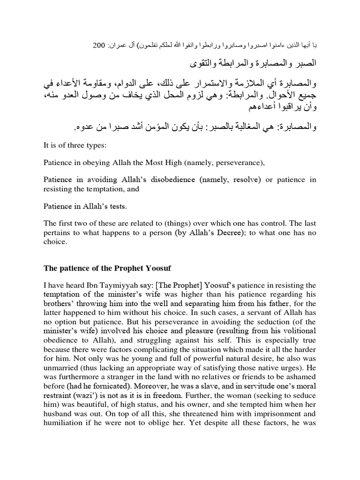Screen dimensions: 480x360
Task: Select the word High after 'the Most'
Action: pos(169,163)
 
